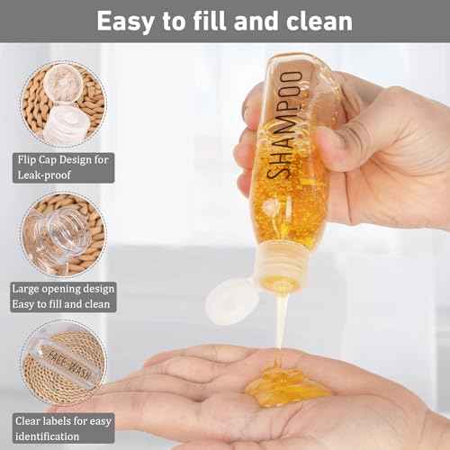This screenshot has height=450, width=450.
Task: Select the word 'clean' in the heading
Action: pyautogui.click(x=317, y=21)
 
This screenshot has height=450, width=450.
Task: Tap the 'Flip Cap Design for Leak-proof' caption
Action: pyautogui.click(x=62, y=166)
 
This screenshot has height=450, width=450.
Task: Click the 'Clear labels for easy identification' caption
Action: pyautogui.click(x=62, y=426)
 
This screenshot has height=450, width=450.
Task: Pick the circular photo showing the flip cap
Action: pyautogui.click(x=62, y=103)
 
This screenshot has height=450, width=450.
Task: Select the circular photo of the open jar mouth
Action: pyautogui.click(x=62, y=232)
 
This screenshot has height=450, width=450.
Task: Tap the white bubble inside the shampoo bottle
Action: pyautogui.click(x=270, y=206)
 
